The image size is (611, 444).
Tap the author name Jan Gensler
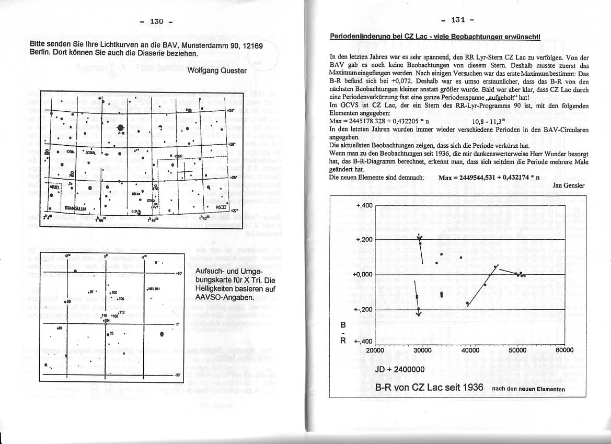pos(570,185)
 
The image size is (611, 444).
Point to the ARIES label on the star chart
pos(54,186)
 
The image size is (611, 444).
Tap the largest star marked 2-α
pos(121,129)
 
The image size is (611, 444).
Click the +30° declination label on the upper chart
pos(231,111)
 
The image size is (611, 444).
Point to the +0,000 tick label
pos(362,274)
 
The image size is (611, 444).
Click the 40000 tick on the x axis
pos(470,350)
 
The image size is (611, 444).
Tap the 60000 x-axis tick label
pos(564,350)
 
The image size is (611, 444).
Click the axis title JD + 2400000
pos(400,369)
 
